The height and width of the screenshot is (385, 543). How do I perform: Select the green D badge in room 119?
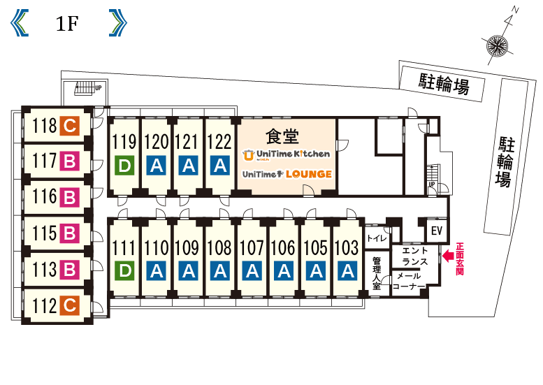(124, 166)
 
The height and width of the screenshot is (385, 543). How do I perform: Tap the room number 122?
(219, 142)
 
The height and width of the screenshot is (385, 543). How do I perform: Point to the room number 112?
(44, 305)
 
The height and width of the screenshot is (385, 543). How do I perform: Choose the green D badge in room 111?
(124, 270)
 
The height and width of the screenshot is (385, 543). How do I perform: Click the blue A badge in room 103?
(347, 270)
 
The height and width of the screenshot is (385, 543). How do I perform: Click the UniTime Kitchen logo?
(286, 154)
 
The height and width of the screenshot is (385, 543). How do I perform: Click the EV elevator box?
(437, 231)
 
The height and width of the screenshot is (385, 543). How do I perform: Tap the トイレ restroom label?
(377, 238)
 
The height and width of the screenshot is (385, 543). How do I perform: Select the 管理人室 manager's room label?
(377, 273)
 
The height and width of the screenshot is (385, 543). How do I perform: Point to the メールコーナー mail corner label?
(409, 282)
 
